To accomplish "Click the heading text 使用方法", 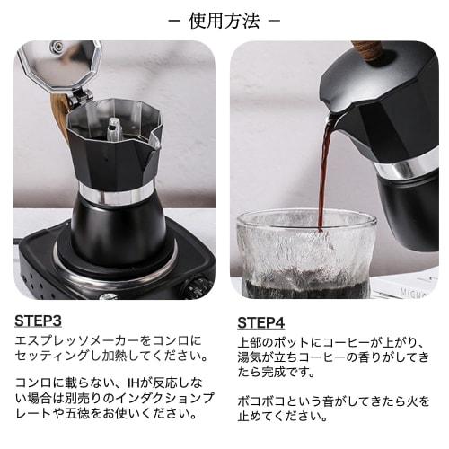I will pyautogui.click(x=224, y=20).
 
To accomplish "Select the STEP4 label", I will pyautogui.click(x=261, y=322).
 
